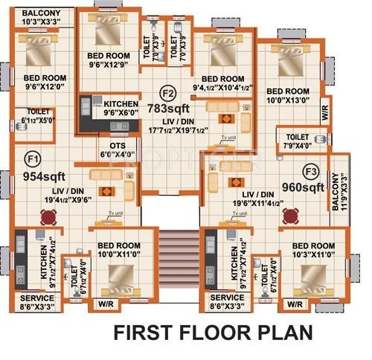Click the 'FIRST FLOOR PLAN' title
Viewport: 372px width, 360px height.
(x=214, y=332)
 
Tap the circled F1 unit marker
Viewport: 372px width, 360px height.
(x=32, y=158)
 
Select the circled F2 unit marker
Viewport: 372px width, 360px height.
(x=168, y=93)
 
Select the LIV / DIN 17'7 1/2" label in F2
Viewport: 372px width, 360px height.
(x=176, y=128)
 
